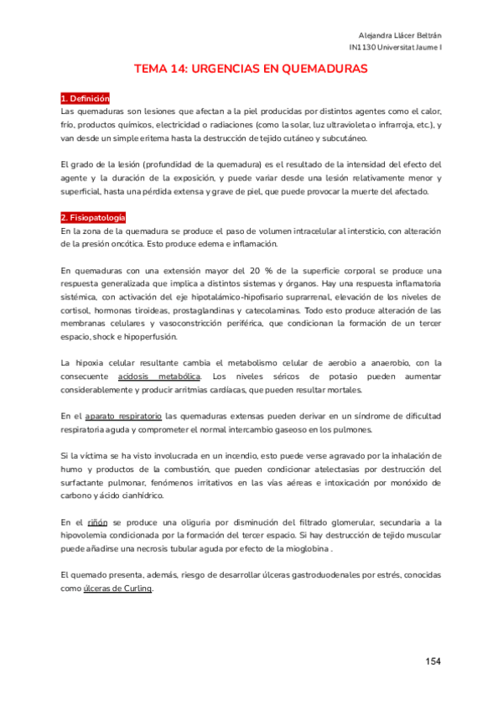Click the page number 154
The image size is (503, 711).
pyautogui.click(x=433, y=662)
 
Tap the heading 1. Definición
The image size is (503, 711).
pyautogui.click(x=86, y=99)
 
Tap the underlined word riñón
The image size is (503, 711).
pyautogui.click(x=98, y=522)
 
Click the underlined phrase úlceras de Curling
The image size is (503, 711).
pyautogui.click(x=117, y=588)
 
